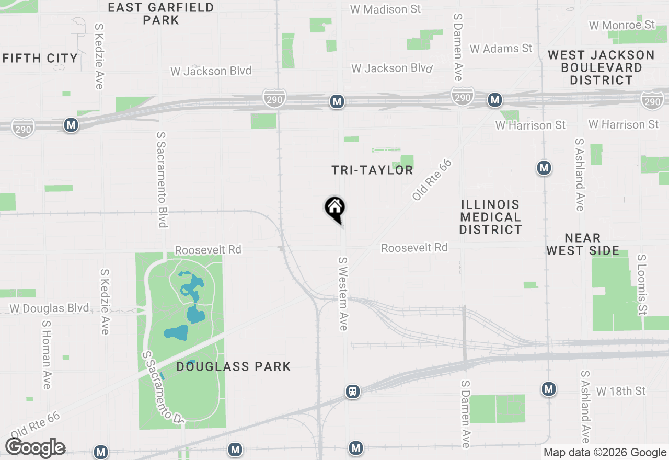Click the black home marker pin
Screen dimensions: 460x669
click(335, 208)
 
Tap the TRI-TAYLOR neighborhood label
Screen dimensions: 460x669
click(372, 170)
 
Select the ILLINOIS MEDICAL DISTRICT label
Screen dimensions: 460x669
click(490, 217)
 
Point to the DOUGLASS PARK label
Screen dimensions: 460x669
click(234, 366)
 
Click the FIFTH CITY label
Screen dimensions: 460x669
click(40, 58)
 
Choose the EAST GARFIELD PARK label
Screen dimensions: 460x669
click(161, 14)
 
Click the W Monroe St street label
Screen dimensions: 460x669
click(621, 25)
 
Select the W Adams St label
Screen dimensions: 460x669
click(501, 49)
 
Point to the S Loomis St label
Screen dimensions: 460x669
click(642, 285)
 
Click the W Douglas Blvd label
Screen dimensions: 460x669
click(49, 308)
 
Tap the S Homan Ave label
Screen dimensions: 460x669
click(46, 354)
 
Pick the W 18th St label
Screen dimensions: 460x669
click(621, 391)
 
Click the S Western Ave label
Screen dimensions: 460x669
click(343, 293)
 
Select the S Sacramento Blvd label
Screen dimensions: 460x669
click(162, 179)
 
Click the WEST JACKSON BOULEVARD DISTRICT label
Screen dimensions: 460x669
click(601, 67)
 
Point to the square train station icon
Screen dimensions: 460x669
click(353, 391)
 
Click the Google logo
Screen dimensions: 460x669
click(36, 448)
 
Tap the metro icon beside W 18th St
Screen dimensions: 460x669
click(548, 389)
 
